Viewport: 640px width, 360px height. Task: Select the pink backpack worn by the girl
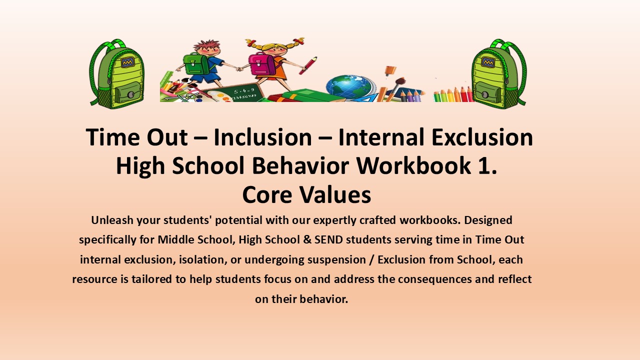[x=262, y=63]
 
